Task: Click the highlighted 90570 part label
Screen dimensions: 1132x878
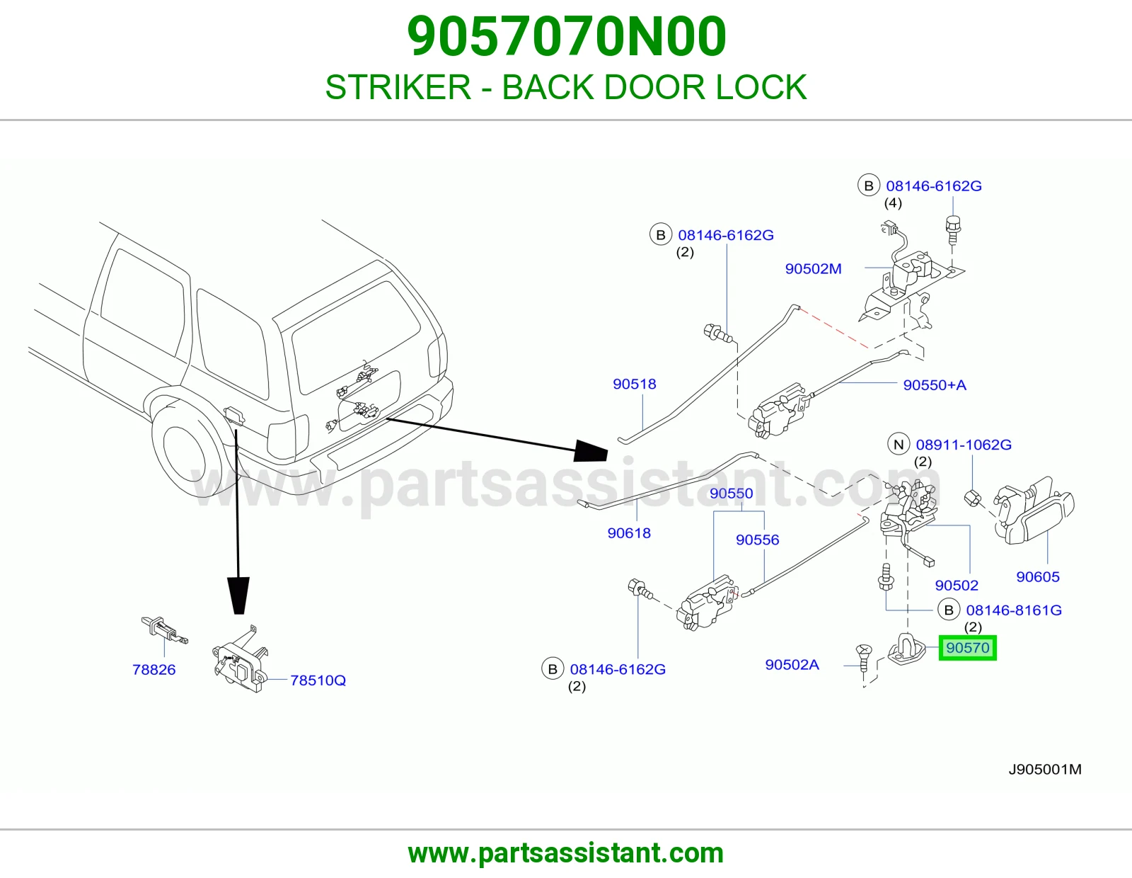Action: pos(967,648)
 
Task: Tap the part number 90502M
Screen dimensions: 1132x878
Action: pos(813,268)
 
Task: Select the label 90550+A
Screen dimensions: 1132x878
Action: pos(935,384)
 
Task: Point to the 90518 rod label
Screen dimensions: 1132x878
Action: pos(634,384)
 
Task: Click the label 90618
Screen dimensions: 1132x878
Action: pos(629,533)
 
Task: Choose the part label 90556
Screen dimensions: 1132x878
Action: pos(758,540)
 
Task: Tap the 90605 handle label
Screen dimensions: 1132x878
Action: pos(1038,576)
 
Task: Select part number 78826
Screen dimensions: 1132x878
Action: pos(154,669)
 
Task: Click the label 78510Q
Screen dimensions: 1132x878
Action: pos(318,680)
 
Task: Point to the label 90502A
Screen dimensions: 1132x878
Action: pos(792,664)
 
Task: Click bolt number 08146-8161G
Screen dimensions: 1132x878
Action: pos(1014,610)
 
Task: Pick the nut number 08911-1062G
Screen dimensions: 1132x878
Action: pos(964,445)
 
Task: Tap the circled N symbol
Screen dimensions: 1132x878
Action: pos(898,444)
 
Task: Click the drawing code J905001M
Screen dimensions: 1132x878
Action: pos(1045,770)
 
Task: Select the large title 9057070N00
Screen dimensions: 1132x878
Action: pos(566,36)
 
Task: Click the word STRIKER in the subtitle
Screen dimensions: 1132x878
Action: pos(398,87)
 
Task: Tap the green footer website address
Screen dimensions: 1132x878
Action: pos(566,853)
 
